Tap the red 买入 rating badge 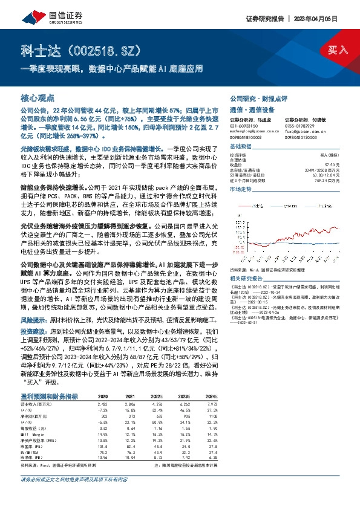[337, 50]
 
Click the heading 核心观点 [38, 97]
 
